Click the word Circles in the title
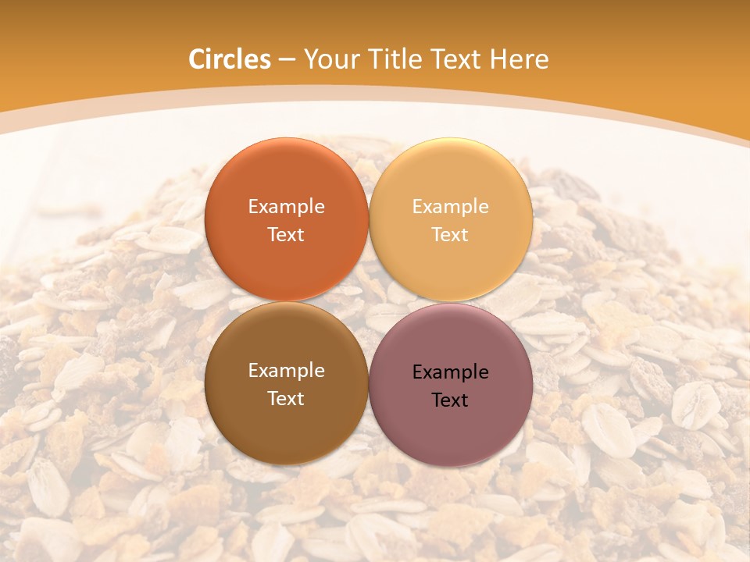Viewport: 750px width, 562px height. click(x=229, y=59)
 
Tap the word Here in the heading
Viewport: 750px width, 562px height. click(x=521, y=59)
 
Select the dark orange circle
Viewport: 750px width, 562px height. click(x=286, y=180)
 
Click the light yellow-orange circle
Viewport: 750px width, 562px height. click(x=451, y=180)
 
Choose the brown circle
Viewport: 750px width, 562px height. click(x=286, y=421)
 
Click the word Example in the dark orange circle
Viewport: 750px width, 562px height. click(x=286, y=207)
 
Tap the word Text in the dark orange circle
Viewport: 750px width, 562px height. click(x=286, y=235)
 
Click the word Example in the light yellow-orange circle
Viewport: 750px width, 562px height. click(x=451, y=207)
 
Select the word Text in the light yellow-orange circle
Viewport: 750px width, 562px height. click(x=451, y=235)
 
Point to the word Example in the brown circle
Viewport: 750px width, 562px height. click(x=286, y=371)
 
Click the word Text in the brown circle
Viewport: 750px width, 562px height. click(x=286, y=399)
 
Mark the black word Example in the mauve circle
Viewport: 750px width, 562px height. click(x=451, y=372)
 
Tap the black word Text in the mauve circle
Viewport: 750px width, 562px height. click(x=451, y=400)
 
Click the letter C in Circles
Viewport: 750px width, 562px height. click(x=196, y=59)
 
